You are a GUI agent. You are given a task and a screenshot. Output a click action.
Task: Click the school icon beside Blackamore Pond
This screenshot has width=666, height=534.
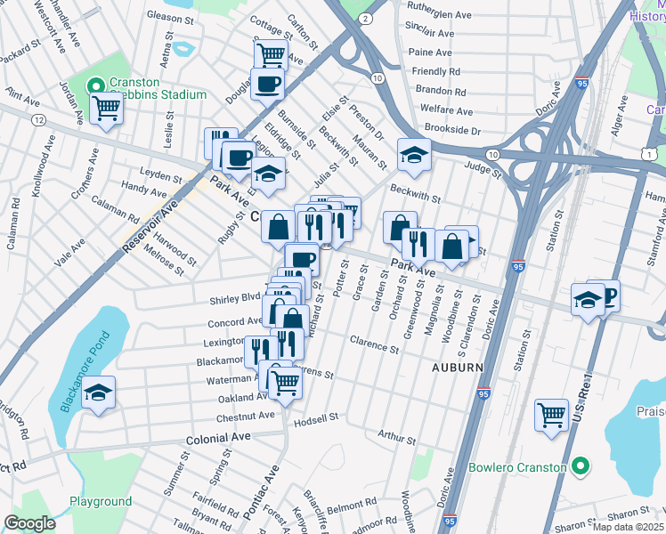[x=98, y=392]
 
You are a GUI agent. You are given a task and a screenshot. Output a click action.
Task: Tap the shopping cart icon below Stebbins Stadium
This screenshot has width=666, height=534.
[x=106, y=109]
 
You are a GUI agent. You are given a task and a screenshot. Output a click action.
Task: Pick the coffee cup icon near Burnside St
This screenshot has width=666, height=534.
[x=268, y=85]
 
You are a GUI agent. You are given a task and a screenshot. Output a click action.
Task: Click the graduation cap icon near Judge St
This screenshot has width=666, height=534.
[x=413, y=156]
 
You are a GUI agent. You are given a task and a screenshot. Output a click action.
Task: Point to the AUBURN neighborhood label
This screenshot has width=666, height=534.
[x=458, y=367]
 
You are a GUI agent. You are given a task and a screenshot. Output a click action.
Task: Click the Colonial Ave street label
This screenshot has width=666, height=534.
[x=218, y=439]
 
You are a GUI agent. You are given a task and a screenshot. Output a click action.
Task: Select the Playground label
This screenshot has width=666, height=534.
[x=101, y=501]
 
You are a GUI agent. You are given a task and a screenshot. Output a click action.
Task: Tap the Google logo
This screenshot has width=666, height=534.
[x=29, y=523]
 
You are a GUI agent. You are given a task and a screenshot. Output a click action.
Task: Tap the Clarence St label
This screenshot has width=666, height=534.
[x=374, y=343]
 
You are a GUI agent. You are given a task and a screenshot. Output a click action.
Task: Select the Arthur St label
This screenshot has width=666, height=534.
[x=396, y=437]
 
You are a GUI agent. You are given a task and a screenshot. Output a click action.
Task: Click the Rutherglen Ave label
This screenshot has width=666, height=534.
[x=440, y=15]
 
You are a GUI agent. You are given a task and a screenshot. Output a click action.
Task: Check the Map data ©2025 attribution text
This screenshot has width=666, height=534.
[x=627, y=527]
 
